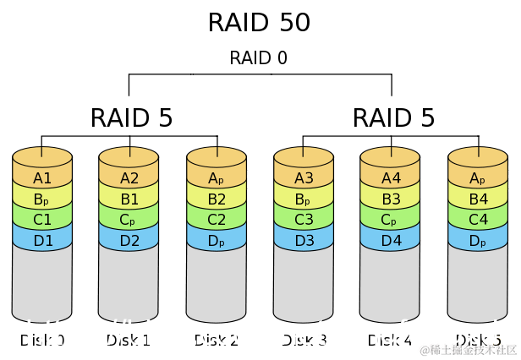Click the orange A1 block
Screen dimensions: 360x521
click(x=42, y=178)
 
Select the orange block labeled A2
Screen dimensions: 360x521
click(x=129, y=178)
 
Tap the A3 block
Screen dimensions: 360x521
click(x=304, y=178)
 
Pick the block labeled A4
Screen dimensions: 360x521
click(x=390, y=178)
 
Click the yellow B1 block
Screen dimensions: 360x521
click(x=129, y=200)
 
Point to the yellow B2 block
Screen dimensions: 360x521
click(x=217, y=200)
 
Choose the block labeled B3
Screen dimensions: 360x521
click(x=390, y=200)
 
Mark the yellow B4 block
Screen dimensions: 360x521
click(x=478, y=200)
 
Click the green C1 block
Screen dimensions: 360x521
click(x=42, y=220)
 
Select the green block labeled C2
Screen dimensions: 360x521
click(x=217, y=220)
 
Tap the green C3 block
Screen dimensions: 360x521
click(x=304, y=220)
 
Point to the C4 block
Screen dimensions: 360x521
click(x=478, y=220)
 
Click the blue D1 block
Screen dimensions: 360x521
click(x=42, y=240)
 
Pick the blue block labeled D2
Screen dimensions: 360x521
click(x=129, y=240)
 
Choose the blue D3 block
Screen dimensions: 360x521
click(x=304, y=240)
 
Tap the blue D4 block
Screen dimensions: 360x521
click(x=390, y=240)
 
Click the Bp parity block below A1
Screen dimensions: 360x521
click(x=42, y=200)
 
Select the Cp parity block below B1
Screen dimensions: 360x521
click(x=129, y=220)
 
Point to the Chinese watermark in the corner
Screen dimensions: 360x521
click(x=465, y=349)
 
